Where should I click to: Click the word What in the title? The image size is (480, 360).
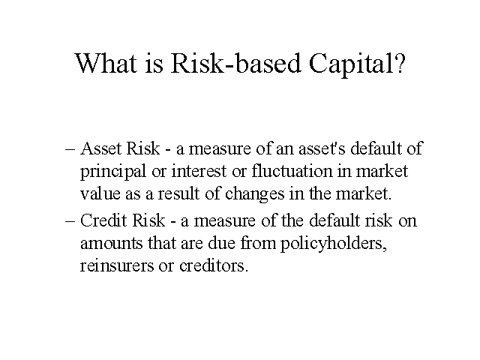coord(106,63)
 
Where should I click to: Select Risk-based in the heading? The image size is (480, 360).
coord(235,63)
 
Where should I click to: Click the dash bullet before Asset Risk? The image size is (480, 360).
coord(70,149)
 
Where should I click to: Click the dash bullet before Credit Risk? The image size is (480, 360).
coord(70,221)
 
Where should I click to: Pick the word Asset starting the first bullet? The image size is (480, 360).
coord(100,148)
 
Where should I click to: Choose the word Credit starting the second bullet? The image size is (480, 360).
coord(103,220)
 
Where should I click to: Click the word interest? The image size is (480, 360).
coord(199,171)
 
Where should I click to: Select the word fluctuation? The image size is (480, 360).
coord(292,171)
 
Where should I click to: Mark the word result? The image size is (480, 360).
coord(178,193)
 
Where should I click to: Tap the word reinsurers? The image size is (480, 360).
coord(117,265)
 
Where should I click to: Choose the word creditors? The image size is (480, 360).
coord(214,265)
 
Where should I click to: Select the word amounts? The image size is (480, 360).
coord(112,243)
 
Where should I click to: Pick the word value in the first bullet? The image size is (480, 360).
coord(100,193)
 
